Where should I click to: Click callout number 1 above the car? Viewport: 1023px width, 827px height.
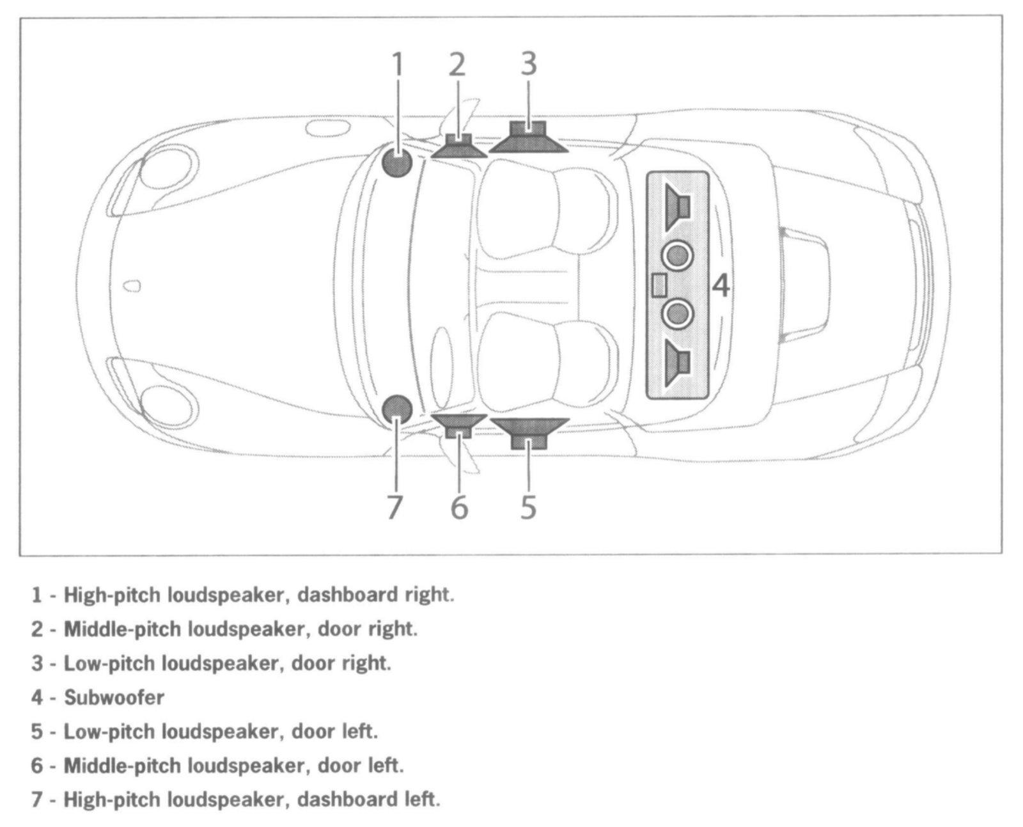tap(398, 65)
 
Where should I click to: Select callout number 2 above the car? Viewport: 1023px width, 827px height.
tap(457, 65)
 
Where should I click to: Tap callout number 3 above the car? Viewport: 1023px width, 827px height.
tap(528, 64)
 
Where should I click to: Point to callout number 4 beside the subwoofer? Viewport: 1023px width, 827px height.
tap(721, 286)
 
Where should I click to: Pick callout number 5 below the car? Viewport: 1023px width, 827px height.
tap(528, 507)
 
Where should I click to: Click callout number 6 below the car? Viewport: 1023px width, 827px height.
tap(459, 507)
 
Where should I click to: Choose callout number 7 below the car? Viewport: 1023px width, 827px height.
tap(394, 507)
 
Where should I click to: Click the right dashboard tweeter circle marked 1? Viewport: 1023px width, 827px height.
tap(397, 163)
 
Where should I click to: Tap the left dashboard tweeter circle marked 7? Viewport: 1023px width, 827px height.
tap(397, 409)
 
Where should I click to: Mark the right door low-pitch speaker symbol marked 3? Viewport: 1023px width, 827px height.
tap(529, 139)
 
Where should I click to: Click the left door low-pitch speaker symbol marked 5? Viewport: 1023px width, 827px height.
tap(529, 432)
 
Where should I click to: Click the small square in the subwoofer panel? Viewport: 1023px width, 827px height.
tap(659, 285)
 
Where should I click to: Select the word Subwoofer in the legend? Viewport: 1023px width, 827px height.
tap(114, 697)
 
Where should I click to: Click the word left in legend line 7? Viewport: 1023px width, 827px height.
tap(423, 799)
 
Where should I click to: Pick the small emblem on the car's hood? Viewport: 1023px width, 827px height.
tap(132, 286)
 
